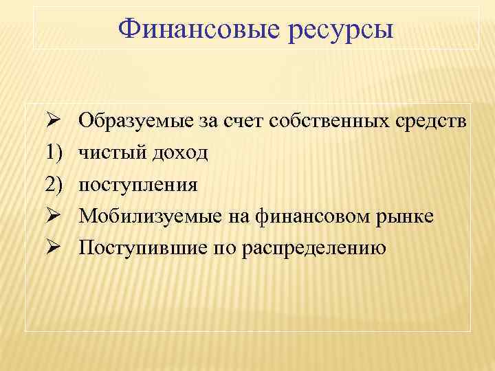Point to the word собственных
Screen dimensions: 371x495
[331, 122]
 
